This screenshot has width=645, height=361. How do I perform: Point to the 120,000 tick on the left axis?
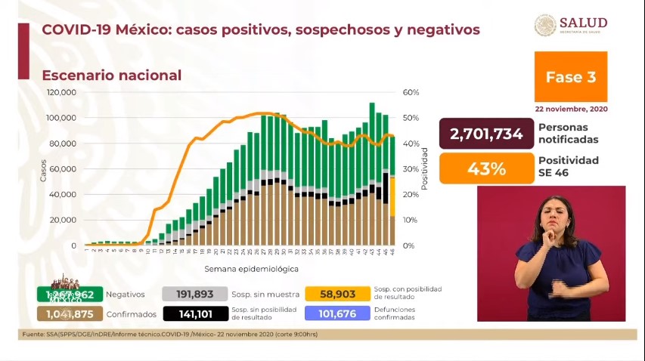tap(62, 92)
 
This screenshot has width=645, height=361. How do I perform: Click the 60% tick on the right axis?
tap(411, 92)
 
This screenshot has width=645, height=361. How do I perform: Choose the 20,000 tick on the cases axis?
tap(64, 220)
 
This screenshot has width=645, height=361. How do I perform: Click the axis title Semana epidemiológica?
tap(250, 268)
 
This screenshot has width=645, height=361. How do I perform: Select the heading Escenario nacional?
tap(111, 76)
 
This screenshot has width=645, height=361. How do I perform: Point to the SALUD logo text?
tap(584, 23)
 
